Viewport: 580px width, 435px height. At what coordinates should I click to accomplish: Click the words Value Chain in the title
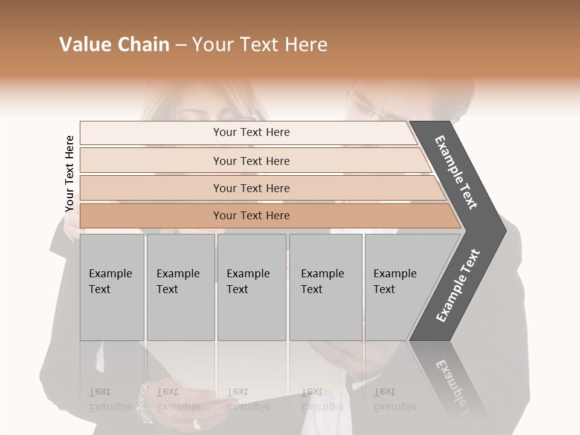coord(114,45)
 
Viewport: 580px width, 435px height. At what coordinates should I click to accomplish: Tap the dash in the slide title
coord(181,45)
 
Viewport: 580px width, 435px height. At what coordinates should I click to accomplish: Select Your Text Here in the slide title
coord(260,45)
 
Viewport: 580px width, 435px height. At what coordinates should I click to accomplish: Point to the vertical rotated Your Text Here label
coord(69,174)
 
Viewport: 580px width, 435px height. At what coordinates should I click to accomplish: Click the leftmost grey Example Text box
coord(112,287)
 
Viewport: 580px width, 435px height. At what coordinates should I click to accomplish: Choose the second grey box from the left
coord(181,287)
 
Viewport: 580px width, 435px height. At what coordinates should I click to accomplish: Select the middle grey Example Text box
coord(252,287)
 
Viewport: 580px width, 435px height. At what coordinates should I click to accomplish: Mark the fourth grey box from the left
coord(326,287)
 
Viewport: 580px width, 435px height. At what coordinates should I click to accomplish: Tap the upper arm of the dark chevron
coord(457,172)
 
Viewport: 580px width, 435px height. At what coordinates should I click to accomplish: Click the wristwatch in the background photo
coord(145,402)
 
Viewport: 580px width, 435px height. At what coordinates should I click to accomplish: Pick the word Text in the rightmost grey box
coord(384,289)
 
